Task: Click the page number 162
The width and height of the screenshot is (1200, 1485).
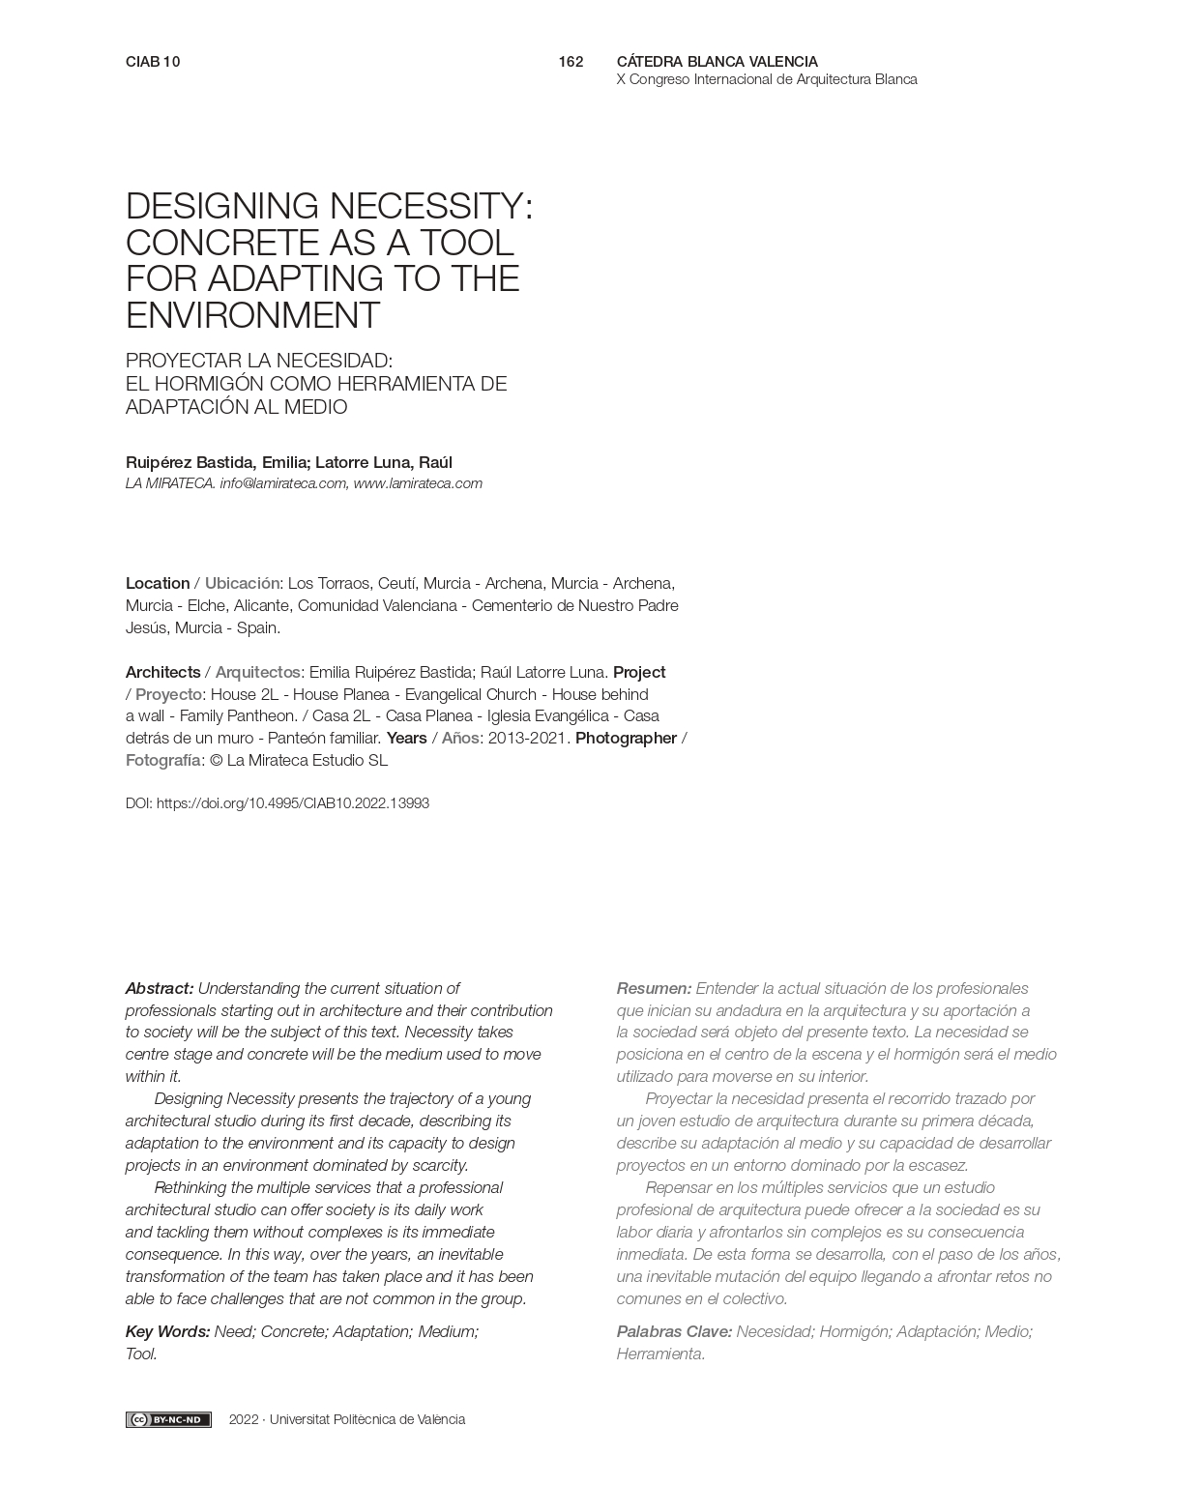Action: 571,62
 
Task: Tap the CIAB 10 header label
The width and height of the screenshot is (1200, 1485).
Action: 153,62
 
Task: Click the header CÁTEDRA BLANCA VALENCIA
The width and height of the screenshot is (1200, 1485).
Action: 717,62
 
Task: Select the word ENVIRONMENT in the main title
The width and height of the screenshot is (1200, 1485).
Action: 252,316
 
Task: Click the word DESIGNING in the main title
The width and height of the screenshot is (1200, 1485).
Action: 222,207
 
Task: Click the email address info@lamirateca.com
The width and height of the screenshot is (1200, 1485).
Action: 282,483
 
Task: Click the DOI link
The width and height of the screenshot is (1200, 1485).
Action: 292,803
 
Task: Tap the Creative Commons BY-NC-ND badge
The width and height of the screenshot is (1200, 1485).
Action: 168,1419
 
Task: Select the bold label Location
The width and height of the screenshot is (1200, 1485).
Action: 158,583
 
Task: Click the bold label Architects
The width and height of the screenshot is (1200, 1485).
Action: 162,672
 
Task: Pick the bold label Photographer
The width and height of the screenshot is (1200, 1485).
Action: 626,738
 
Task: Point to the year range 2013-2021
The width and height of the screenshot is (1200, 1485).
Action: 529,738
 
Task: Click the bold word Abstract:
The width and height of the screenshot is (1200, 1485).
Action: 160,988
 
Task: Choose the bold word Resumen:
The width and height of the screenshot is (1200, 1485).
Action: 654,988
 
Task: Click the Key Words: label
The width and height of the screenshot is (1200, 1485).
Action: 167,1331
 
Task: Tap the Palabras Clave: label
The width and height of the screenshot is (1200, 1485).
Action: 674,1331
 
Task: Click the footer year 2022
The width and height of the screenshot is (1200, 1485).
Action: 244,1419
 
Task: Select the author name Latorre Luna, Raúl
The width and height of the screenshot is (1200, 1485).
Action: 384,462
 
